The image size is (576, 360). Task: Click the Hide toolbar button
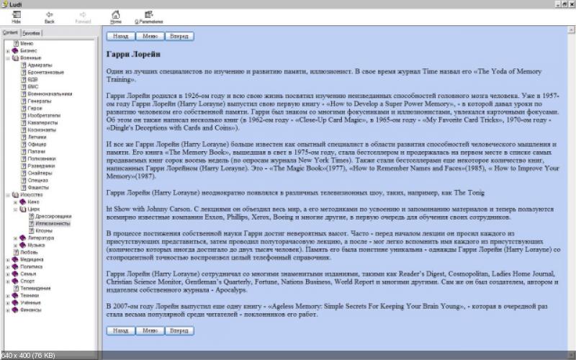(16, 17)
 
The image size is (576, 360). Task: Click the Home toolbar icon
(115, 17)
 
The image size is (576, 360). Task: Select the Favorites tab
(31, 33)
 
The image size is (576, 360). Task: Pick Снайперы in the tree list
(40, 174)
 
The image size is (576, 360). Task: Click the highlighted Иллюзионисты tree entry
(53, 223)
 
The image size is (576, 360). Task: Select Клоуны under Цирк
(45, 230)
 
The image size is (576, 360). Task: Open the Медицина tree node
(31, 259)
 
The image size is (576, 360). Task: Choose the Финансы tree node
(30, 310)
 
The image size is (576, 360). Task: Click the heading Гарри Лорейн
(133, 54)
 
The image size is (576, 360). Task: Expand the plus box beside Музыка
(15, 245)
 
